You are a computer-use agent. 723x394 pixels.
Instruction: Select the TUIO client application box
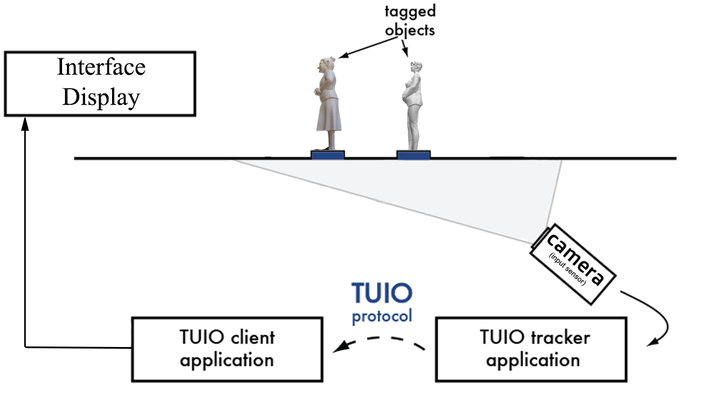click(x=227, y=349)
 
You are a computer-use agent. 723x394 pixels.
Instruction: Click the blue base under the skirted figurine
click(x=328, y=155)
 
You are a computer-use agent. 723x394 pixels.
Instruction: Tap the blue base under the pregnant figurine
click(x=413, y=155)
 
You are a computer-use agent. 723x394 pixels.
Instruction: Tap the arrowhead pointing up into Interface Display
click(x=25, y=123)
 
